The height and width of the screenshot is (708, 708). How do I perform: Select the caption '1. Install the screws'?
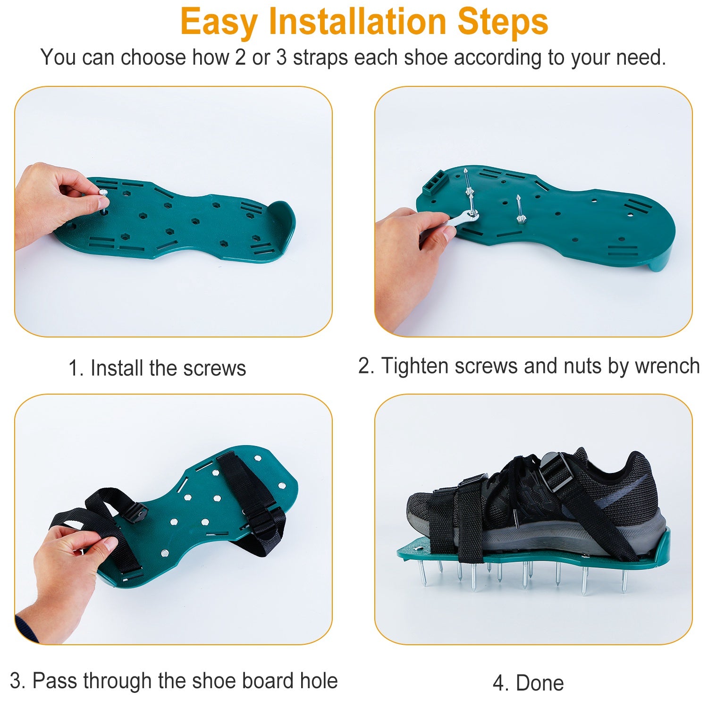click(157, 368)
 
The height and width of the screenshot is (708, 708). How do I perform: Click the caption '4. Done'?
click(528, 683)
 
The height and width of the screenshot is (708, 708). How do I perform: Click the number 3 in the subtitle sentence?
click(281, 58)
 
